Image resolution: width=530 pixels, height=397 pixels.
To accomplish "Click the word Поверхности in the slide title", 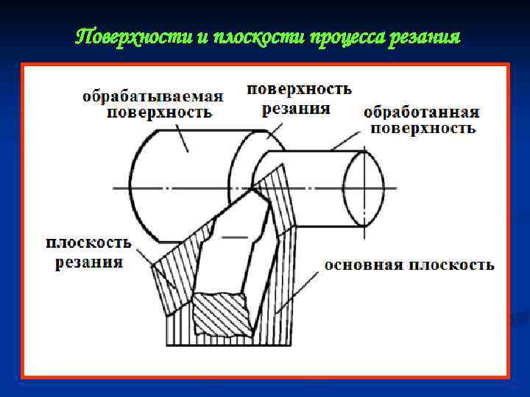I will coord(133,37).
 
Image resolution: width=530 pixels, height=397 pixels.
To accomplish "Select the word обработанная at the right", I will coord(422,112).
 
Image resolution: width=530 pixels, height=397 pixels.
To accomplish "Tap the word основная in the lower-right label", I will coord(361,265).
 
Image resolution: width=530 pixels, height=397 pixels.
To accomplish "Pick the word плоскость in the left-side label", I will coord(88,243).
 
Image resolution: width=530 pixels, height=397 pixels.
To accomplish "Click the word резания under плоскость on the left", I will coord(88,262).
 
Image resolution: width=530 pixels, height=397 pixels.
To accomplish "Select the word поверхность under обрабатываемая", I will coord(160,112).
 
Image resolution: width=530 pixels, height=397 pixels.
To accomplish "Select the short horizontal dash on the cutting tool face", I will coord(235,237).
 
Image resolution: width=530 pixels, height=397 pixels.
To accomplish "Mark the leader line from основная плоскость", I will coord(302,285).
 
